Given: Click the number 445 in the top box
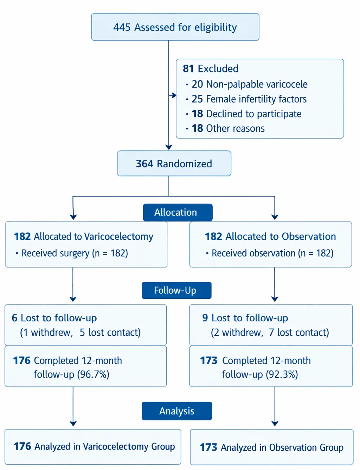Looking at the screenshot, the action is pos(122,27).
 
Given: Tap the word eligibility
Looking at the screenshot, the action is pos(216,28).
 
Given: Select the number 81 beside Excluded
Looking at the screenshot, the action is pos(188,69).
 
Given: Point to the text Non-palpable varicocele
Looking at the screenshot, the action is pos(257,84).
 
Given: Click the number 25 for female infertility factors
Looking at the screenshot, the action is pos(197,99).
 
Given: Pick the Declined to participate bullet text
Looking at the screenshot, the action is pos(253,114).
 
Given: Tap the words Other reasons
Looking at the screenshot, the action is pos(235,128).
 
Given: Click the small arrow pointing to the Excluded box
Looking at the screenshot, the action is pos(173,95).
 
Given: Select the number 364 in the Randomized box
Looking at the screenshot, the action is pos(144,164).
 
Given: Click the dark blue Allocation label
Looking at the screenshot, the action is pos(178,212).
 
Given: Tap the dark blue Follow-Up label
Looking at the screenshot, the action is pos(176,290).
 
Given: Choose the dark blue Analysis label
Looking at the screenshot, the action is pos(177,411).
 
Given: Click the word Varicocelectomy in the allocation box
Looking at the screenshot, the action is pos(118,237).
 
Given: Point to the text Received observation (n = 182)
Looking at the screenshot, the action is pos(272,253).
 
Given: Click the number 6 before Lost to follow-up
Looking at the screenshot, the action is pos(14,318).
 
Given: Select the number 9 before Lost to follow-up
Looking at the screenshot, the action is pos(205,318).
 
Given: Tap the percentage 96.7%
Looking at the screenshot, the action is pos(93,374).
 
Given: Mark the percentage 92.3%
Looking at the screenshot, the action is pos(282,374).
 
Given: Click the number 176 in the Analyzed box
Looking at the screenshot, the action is pos(22,446).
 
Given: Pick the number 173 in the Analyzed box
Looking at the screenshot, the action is pos(208,447).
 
